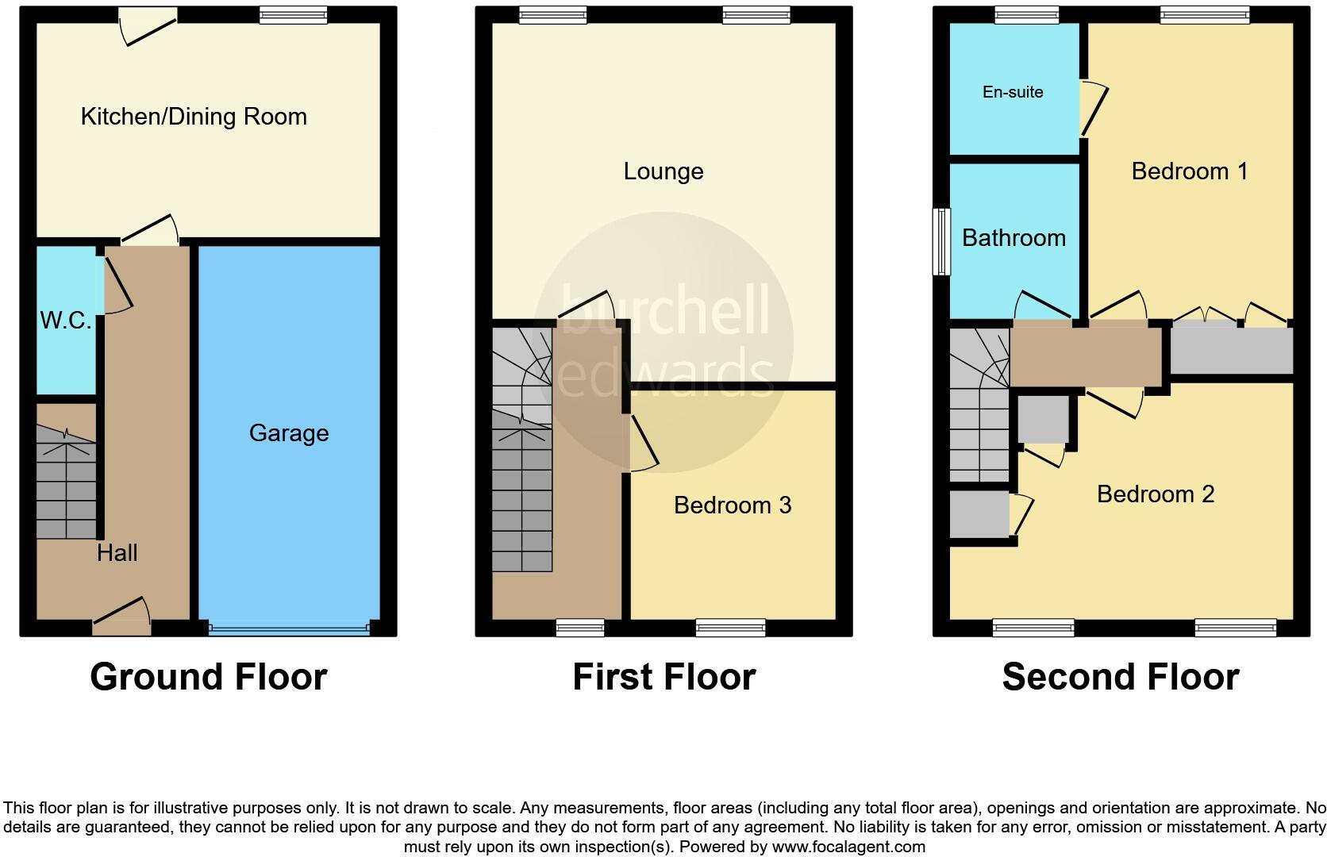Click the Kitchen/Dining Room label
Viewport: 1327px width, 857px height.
pyautogui.click(x=194, y=117)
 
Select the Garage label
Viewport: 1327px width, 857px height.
pyautogui.click(x=288, y=433)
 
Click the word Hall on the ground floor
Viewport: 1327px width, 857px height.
pyautogui.click(x=117, y=553)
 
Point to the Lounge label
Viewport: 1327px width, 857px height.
pyautogui.click(x=663, y=171)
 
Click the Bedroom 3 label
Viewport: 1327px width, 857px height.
pyautogui.click(x=733, y=505)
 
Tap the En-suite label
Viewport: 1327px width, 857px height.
pyautogui.click(x=1013, y=92)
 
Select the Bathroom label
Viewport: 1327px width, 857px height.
pyautogui.click(x=1014, y=238)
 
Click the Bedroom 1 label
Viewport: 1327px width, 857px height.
pyautogui.click(x=1190, y=171)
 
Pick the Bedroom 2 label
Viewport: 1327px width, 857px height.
pyautogui.click(x=1156, y=494)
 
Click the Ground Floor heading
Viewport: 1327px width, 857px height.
pyautogui.click(x=208, y=677)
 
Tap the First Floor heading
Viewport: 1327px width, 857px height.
pyautogui.click(x=663, y=677)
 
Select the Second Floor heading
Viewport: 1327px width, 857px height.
pyautogui.click(x=1120, y=677)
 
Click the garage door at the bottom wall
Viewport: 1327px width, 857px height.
pyautogui.click(x=289, y=628)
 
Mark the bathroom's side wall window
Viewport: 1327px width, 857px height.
pyautogui.click(x=941, y=242)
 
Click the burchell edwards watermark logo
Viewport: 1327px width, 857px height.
pyautogui.click(x=663, y=341)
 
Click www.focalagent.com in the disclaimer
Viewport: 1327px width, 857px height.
pyautogui.click(x=848, y=847)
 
